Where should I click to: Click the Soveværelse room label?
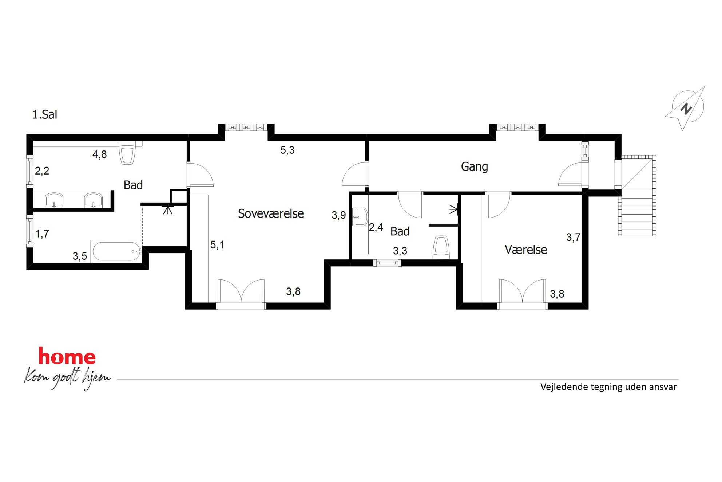(x=271, y=213)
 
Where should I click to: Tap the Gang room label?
(x=474, y=167)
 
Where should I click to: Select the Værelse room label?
(x=526, y=250)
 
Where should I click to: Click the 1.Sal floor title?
(x=45, y=114)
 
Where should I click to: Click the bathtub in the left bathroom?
(x=116, y=251)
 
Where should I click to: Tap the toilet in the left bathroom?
(x=127, y=153)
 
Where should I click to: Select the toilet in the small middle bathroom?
(x=441, y=247)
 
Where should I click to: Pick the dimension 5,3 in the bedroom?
(x=287, y=150)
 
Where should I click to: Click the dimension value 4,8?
(x=99, y=154)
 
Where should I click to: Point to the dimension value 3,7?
(x=573, y=238)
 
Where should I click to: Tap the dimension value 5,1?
(x=217, y=245)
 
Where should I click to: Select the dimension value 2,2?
(x=42, y=171)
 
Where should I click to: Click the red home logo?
(x=67, y=356)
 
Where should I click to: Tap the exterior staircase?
(x=637, y=196)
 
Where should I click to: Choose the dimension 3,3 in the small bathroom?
(x=400, y=251)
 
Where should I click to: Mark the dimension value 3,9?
(x=338, y=215)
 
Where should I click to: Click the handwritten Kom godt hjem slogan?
(x=67, y=378)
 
